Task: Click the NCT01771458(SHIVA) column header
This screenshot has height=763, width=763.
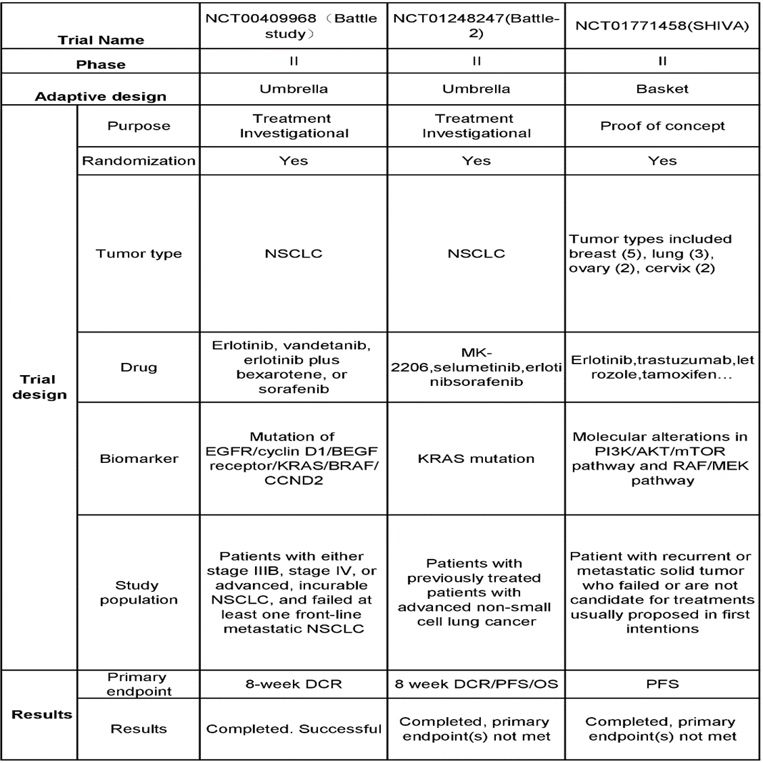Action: click(x=662, y=26)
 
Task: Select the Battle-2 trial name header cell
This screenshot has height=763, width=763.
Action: click(x=476, y=26)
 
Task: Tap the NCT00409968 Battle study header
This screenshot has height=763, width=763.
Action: click(x=294, y=26)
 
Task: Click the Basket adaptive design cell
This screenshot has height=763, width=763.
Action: click(x=662, y=89)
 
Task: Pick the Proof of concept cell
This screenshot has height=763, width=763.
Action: click(x=662, y=126)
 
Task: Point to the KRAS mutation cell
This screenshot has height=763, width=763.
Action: click(x=476, y=458)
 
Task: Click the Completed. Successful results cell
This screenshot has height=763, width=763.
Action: click(x=294, y=729)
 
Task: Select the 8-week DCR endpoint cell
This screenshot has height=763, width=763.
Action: click(x=294, y=684)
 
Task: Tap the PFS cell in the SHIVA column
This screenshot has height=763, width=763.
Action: click(x=662, y=684)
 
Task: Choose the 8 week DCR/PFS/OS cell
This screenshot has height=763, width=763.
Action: click(x=476, y=684)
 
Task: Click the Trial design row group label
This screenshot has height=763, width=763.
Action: click(x=39, y=387)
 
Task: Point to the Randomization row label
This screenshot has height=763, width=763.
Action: click(x=139, y=161)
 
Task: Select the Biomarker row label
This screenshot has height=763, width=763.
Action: click(x=139, y=458)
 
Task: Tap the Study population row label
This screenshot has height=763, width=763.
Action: click(x=139, y=592)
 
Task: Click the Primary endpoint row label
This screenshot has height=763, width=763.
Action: click(x=139, y=684)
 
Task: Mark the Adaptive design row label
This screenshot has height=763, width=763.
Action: click(x=100, y=96)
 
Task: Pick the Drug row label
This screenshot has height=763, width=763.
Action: click(x=139, y=367)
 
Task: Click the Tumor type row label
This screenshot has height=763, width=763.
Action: click(x=139, y=253)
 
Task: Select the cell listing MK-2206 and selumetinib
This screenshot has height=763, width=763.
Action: click(x=476, y=367)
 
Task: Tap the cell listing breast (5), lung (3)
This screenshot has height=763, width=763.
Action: click(x=662, y=253)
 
